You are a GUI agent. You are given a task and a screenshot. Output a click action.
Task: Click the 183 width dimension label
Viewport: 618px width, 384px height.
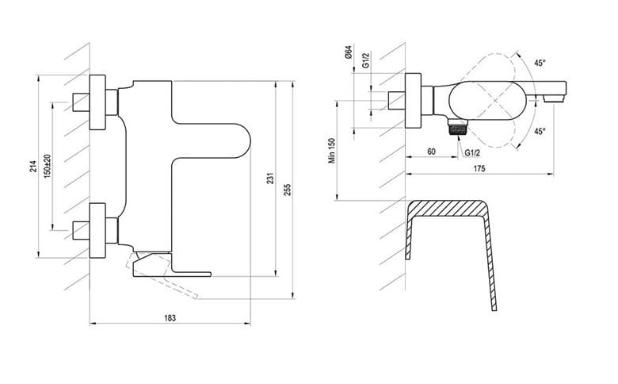click(x=170, y=317)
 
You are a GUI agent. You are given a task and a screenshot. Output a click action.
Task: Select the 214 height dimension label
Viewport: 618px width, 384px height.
click(x=33, y=166)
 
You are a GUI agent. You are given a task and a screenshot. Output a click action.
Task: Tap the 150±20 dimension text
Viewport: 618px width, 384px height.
click(x=48, y=166)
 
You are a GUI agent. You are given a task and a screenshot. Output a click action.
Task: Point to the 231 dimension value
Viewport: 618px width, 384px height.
click(x=270, y=178)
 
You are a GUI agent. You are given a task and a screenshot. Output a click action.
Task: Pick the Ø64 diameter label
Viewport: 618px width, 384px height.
click(x=349, y=52)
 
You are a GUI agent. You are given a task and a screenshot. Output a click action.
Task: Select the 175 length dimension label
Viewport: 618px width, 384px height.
click(x=479, y=168)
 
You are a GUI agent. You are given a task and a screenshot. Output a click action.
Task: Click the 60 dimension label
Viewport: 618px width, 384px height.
click(x=431, y=152)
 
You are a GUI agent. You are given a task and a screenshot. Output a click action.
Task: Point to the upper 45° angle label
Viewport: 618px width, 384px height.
click(x=540, y=63)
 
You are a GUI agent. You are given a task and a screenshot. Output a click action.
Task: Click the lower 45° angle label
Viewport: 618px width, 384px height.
click(x=540, y=131)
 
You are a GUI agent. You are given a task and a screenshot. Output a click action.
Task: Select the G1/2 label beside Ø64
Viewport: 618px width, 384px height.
click(x=366, y=60)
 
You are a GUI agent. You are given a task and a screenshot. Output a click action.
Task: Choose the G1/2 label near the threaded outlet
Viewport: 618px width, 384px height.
click(x=472, y=153)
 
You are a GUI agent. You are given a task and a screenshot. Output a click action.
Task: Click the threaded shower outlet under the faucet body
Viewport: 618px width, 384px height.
click(x=457, y=127)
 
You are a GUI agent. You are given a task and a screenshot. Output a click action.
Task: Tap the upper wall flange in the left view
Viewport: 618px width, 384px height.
click(x=97, y=102)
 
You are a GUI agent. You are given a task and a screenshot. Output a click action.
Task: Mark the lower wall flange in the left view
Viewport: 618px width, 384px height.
click(x=97, y=230)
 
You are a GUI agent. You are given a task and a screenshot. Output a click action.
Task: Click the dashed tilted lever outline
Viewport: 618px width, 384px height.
click(x=162, y=276)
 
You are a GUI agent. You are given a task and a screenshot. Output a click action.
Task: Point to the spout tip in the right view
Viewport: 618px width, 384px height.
click(x=555, y=97)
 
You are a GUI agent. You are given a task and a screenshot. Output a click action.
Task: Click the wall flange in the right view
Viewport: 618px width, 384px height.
click(x=414, y=101)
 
